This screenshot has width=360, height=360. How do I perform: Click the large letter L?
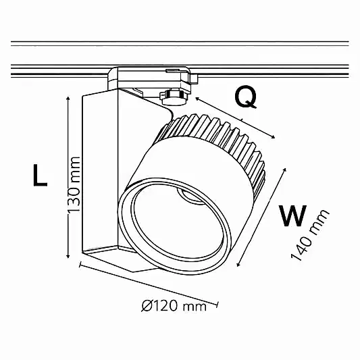coord(40,175)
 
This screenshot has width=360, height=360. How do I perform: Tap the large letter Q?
coord(246,97)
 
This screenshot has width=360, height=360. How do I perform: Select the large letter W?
coord(292,215)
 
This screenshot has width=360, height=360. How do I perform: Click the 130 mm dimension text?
coord(74,184)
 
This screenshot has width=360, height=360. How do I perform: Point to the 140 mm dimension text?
coord(310,235)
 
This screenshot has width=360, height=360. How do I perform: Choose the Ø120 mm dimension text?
coord(174,306)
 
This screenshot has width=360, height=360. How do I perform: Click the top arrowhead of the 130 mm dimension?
coord(68,98)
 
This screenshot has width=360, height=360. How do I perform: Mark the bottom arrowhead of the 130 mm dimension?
coord(68,256)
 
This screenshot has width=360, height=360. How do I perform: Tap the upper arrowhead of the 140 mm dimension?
coord(285,170)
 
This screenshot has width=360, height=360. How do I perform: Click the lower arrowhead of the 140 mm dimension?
coord(238,265)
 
